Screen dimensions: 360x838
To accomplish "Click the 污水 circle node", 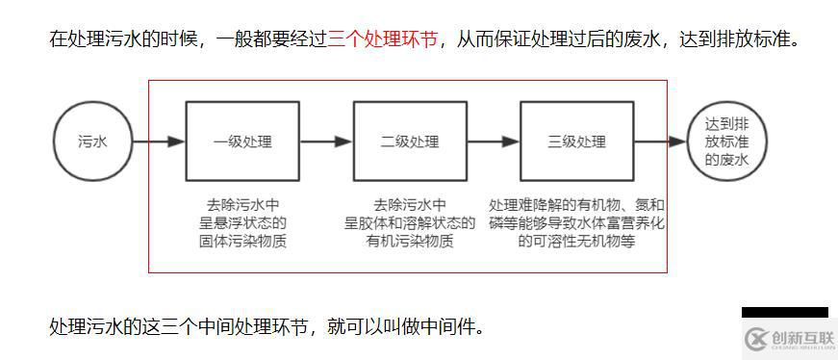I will [92, 141].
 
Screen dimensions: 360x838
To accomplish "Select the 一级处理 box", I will [242, 141].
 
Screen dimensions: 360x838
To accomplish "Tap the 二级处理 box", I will [410, 141].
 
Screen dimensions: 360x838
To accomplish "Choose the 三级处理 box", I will [577, 141].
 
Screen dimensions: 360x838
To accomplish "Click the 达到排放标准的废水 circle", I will [726, 141].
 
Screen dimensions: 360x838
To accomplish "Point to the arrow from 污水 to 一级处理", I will [159, 141].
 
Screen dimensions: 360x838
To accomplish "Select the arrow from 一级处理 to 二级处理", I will [326, 141].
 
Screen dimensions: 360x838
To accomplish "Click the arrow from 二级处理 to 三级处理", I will [494, 141].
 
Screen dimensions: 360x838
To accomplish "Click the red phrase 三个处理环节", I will [383, 40].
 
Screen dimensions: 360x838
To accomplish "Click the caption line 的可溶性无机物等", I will [577, 242].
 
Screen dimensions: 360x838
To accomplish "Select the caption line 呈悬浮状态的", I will [242, 223].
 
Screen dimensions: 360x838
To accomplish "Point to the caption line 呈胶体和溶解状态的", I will [410, 223].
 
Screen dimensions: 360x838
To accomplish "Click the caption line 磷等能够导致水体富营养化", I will [577, 223].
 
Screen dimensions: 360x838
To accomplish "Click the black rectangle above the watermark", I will [784, 312].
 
